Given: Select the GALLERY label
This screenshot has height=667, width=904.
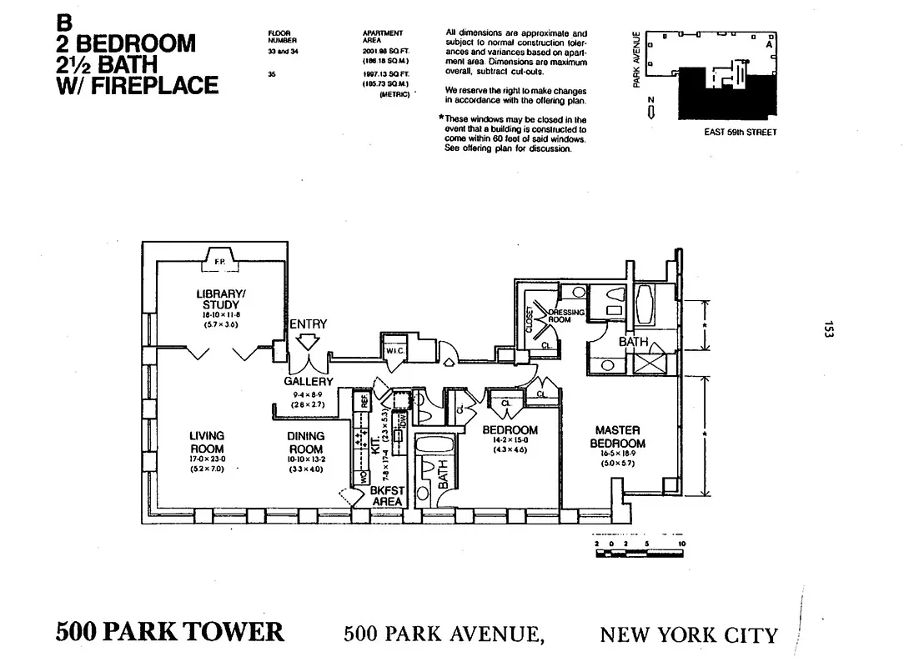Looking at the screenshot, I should [x=308, y=381].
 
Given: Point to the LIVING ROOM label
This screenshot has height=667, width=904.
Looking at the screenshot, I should [x=206, y=442].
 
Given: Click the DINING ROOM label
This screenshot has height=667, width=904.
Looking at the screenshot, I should [x=305, y=442].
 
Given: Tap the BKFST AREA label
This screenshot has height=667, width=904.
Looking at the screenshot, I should [x=387, y=496].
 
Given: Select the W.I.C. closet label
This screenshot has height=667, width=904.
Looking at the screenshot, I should [x=394, y=351].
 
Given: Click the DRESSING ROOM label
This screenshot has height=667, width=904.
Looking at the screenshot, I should [x=566, y=315].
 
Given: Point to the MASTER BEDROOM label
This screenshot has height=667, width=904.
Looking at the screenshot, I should [x=617, y=437].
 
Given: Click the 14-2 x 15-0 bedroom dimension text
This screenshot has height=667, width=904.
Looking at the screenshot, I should [x=510, y=440].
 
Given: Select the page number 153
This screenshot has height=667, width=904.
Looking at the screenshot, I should [x=827, y=329].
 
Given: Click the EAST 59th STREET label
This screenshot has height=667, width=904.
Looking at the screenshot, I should [x=740, y=132].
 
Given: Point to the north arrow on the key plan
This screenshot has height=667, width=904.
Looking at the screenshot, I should [x=650, y=110].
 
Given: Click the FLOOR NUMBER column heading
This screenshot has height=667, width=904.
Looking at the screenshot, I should [x=279, y=36].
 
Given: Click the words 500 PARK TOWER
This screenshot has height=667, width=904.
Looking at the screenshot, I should [x=169, y=631].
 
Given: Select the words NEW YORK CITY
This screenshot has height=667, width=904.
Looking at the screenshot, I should [x=688, y=635].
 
